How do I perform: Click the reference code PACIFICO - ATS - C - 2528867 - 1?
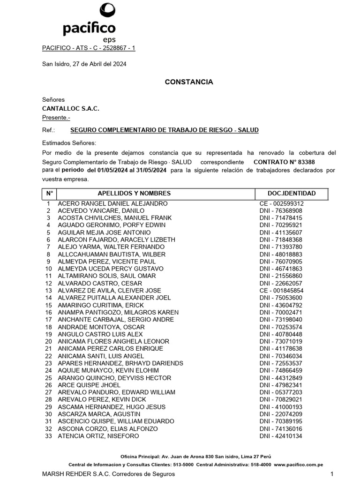point(89,48)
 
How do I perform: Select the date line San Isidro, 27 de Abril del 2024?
point(84,64)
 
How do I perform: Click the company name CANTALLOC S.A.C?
point(71,108)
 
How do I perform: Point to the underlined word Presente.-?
point(56,117)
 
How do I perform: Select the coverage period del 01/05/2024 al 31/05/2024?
point(127,170)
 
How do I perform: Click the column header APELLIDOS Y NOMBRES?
point(134,194)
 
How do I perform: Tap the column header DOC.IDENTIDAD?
point(292,194)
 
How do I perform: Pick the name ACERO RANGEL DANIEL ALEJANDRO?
point(112,203)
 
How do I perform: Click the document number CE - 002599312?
point(281,203)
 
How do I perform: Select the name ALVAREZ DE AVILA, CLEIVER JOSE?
point(109,291)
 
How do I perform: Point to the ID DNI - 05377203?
point(281,392)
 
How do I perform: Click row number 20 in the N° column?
point(48,342)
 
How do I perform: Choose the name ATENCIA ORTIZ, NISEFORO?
point(98,436)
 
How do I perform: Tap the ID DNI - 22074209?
point(281,414)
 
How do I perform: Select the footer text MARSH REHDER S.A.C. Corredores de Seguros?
point(108,474)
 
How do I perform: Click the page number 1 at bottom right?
point(331,474)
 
